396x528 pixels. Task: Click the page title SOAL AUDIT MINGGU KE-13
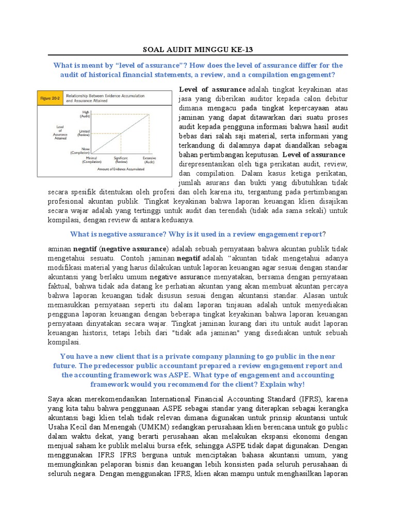click(x=198, y=49)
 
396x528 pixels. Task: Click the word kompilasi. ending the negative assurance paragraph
click(x=63, y=341)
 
